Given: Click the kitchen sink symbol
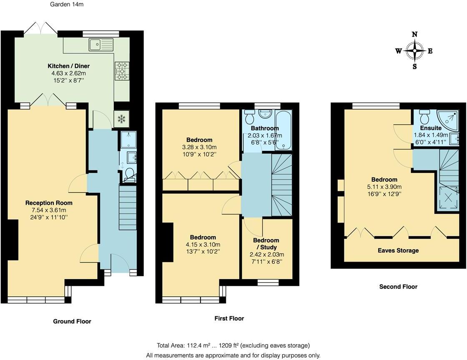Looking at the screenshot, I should tap(101, 43).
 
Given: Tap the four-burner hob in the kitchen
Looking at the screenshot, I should tap(122, 70).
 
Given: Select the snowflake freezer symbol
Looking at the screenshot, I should tap(122, 119).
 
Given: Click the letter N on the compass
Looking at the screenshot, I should tap(414, 35).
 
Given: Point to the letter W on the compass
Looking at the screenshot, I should tap(399, 51).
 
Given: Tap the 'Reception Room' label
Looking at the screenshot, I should tap(49, 203).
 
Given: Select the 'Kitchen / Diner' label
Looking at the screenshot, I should tap(69, 66).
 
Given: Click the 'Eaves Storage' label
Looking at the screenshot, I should tap(398, 250).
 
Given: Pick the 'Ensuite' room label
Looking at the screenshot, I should tap(431, 128).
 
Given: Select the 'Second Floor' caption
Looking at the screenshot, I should tap(398, 287).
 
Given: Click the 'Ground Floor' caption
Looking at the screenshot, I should tap(72, 321).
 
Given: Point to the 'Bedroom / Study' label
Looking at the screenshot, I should tap(266, 244).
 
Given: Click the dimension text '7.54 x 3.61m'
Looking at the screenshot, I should tap(49, 210).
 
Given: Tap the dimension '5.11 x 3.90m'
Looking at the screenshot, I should tap(385, 187).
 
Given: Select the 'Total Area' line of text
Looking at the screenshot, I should tap(233, 345).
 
